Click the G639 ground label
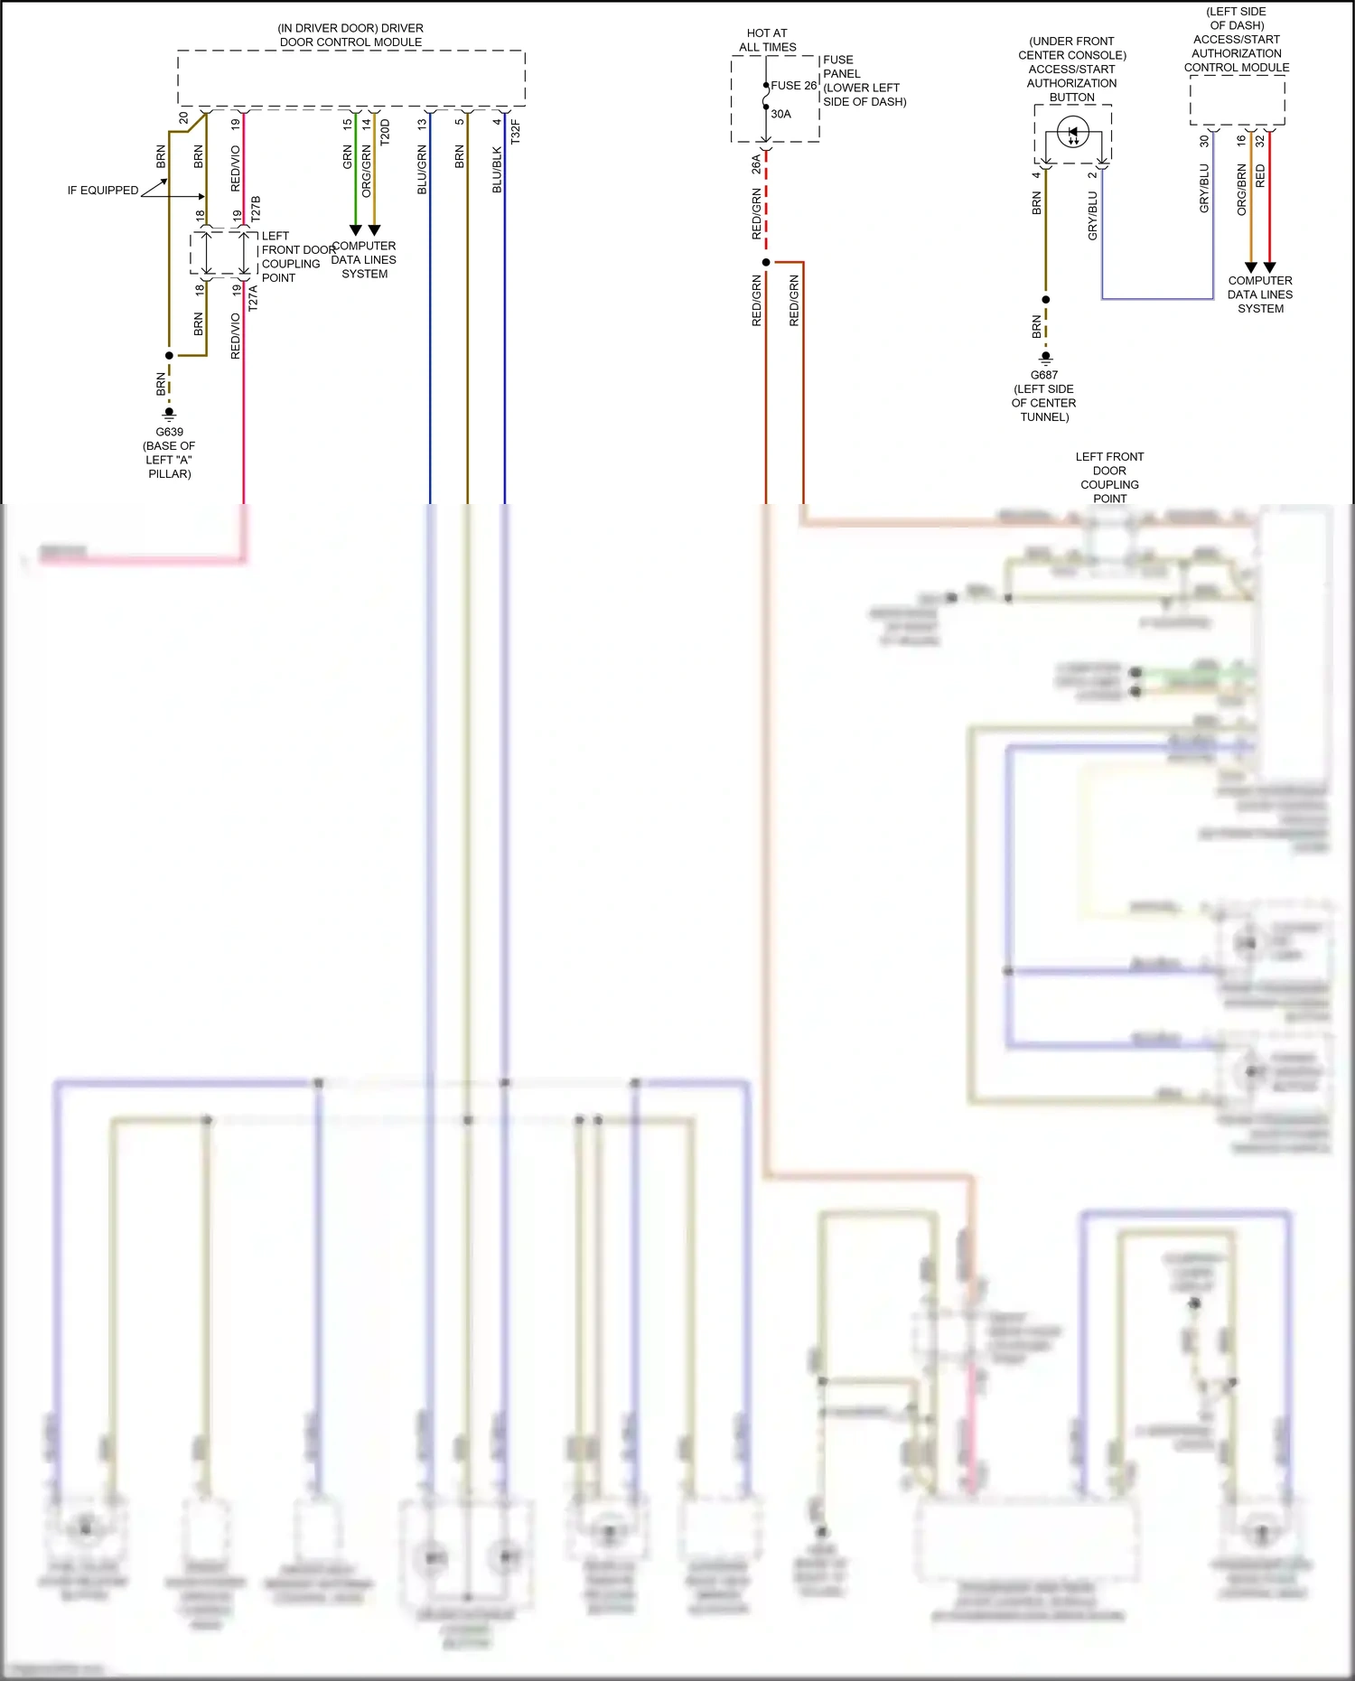pos(169,432)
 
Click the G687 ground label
pos(1044,375)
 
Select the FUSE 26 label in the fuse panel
pos(793,86)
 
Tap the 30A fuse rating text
pos(780,114)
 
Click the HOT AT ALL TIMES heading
pos(767,40)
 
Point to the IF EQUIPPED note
pos(103,191)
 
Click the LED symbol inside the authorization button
pos(1072,133)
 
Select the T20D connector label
pos(386,132)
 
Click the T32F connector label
pos(516,132)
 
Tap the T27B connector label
pos(256,209)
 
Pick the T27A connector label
pos(254,298)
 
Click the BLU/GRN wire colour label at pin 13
pos(422,170)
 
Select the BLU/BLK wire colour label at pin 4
pos(497,170)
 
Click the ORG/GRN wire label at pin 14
pos(367,172)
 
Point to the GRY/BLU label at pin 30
pos(1204,188)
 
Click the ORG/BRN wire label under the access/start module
pos(1242,189)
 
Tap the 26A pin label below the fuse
pos(756,163)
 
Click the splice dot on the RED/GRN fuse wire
pos(766,262)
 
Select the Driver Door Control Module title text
pos(350,35)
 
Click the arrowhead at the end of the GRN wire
pos(356,230)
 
